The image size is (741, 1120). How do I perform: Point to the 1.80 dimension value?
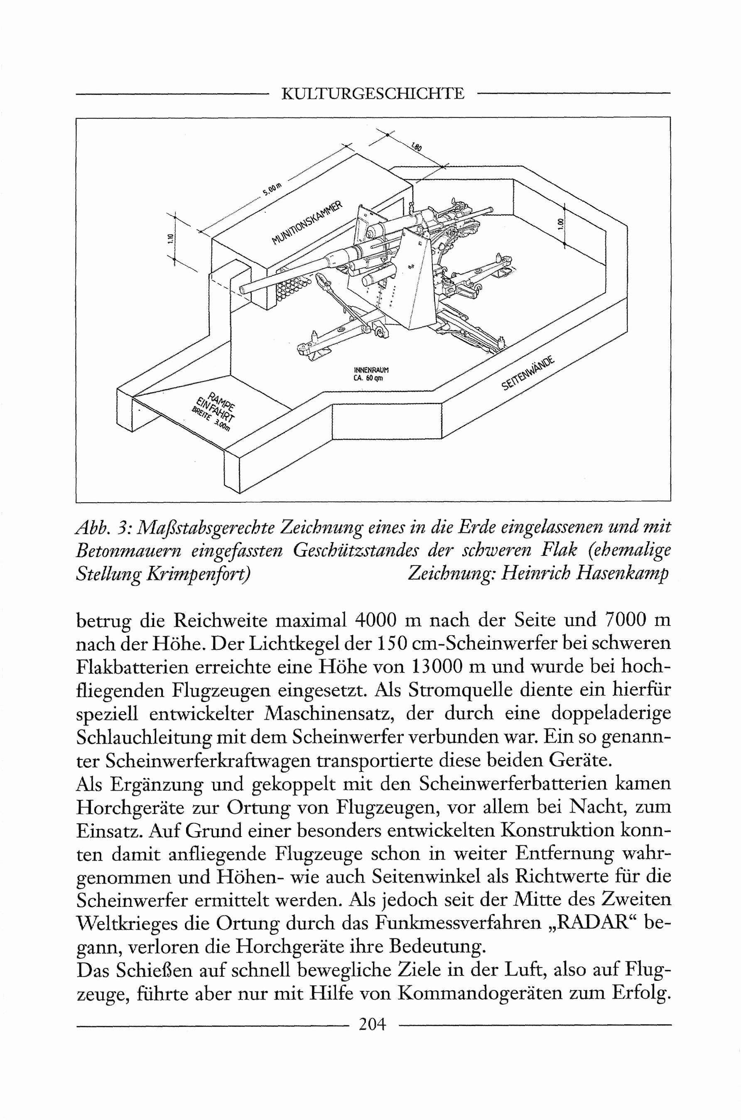(x=416, y=147)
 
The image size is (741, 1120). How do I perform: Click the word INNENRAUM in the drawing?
(x=371, y=370)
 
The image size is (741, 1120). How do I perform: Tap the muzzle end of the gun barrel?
(x=243, y=289)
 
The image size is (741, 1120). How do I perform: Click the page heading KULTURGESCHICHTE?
(x=373, y=93)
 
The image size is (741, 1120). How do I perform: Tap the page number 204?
(x=373, y=1024)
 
